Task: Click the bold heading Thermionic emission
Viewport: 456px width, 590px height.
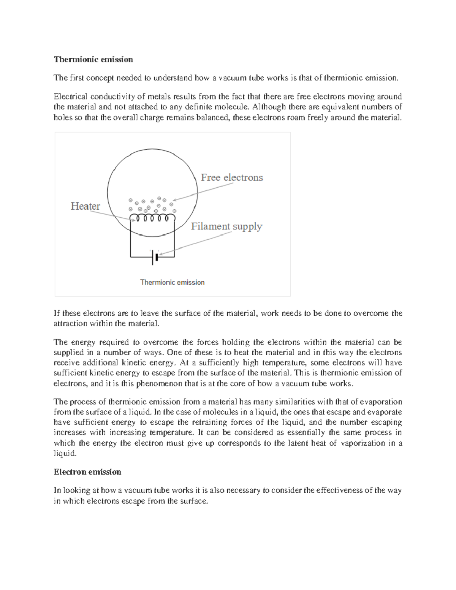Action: pyautogui.click(x=93, y=60)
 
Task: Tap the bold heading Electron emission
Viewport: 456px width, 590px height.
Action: pyautogui.click(x=87, y=472)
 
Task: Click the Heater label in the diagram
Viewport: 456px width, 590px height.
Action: pyautogui.click(x=85, y=206)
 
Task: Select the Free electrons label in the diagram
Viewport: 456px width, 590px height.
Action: pyautogui.click(x=232, y=177)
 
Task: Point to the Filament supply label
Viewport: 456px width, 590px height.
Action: pyautogui.click(x=226, y=226)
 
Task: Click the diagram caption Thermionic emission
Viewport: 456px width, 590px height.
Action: pyautogui.click(x=172, y=282)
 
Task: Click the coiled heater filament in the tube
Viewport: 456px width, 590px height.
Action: pyautogui.click(x=152, y=218)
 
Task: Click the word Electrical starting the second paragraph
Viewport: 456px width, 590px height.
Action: pyautogui.click(x=70, y=96)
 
